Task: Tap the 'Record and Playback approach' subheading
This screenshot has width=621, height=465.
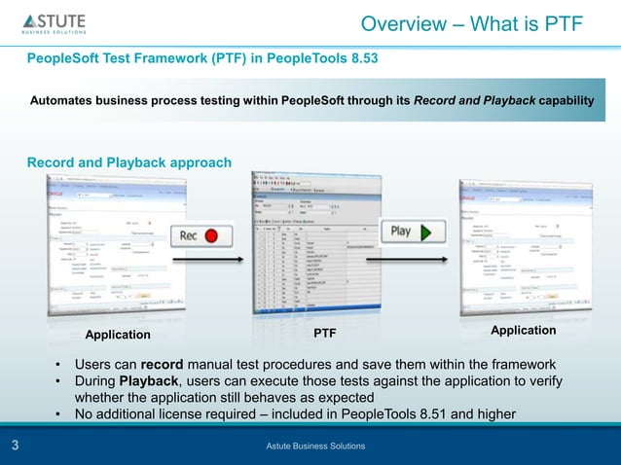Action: pyautogui.click(x=128, y=161)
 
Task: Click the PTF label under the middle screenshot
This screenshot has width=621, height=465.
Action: pyautogui.click(x=325, y=335)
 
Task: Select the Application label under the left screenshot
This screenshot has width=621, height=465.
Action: pyautogui.click(x=119, y=335)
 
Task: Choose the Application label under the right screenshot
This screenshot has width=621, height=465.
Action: pyautogui.click(x=524, y=331)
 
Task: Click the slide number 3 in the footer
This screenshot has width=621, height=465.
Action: pyautogui.click(x=16, y=446)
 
